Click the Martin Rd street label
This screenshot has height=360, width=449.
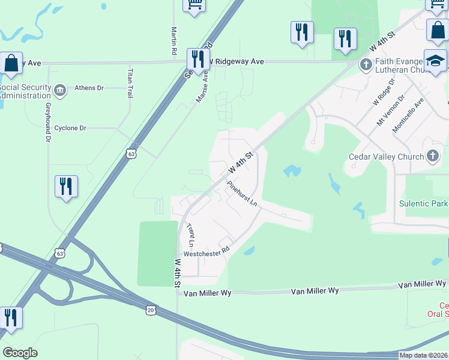(173, 40)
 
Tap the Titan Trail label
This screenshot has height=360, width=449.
(129, 83)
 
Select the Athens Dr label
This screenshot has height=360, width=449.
(89, 88)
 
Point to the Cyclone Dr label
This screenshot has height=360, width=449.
(70, 128)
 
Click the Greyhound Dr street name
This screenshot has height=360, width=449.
(49, 122)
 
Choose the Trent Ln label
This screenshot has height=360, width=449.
(190, 236)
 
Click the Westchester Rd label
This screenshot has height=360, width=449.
(207, 253)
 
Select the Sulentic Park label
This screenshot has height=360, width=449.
(424, 203)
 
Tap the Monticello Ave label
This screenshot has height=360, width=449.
(408, 116)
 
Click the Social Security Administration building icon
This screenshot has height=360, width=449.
(59, 91)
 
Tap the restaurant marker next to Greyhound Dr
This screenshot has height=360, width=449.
(66, 186)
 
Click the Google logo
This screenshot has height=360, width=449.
(20, 353)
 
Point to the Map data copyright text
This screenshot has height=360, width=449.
(423, 355)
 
